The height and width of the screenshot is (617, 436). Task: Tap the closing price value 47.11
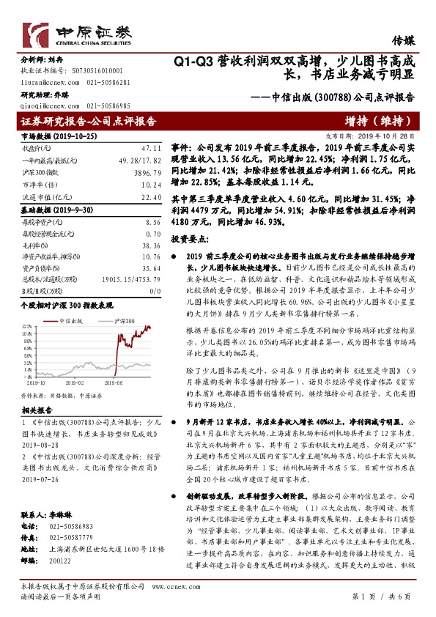(151, 147)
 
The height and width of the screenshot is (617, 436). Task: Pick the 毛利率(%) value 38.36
(152, 246)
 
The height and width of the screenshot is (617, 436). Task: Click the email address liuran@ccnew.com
(43, 83)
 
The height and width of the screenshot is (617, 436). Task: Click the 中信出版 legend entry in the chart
(84, 322)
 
